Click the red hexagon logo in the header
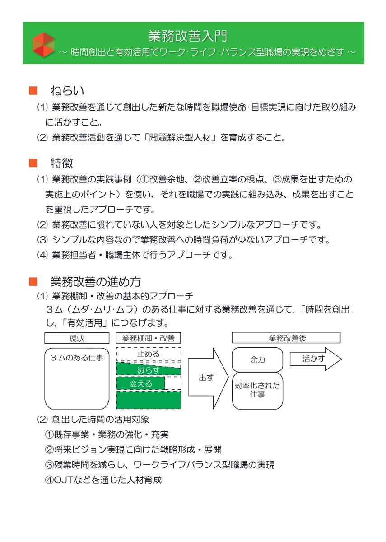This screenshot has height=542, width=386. click(43, 45)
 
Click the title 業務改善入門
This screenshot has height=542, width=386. click(188, 36)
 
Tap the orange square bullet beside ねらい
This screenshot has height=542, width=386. click(33, 90)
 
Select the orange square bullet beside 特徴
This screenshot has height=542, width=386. click(33, 163)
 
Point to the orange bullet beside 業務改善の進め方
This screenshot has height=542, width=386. click(33, 281)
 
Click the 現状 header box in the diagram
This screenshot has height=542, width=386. click(77, 338)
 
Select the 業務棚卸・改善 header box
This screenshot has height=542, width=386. click(148, 338)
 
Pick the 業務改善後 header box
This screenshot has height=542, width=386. click(286, 338)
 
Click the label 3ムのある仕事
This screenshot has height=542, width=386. click(77, 358)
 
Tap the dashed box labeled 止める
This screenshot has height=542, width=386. click(149, 355)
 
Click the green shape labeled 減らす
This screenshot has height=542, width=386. click(149, 369)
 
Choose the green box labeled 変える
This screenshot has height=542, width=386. click(140, 383)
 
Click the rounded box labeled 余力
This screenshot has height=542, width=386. click(257, 360)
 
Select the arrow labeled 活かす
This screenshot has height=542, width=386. click(316, 359)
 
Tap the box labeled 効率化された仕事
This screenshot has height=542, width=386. click(257, 391)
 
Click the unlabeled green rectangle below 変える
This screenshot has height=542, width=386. click(149, 400)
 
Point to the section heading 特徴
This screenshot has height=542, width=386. click(62, 163)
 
